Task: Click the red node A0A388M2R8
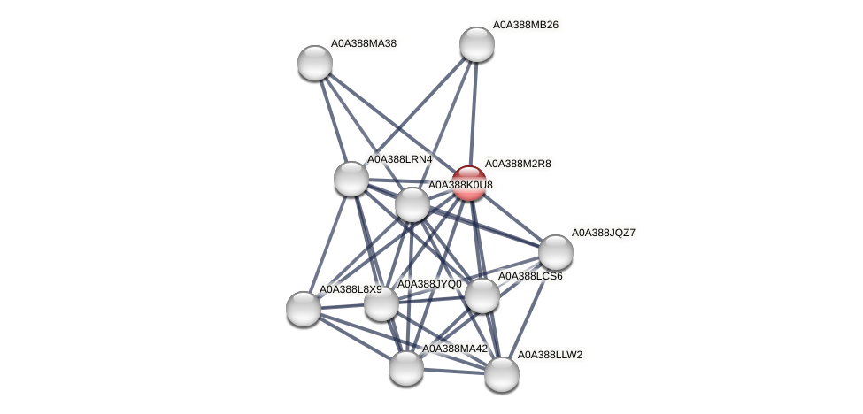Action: click(x=469, y=183)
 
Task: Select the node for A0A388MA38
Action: click(x=315, y=63)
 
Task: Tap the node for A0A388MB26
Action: click(x=477, y=44)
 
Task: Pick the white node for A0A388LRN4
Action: click(x=351, y=179)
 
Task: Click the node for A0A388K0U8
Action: click(x=412, y=204)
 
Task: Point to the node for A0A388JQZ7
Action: click(x=556, y=252)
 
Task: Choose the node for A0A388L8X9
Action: click(x=304, y=308)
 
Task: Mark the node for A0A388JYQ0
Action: click(x=381, y=303)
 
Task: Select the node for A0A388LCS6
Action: click(x=482, y=295)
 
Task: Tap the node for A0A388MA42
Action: click(x=406, y=368)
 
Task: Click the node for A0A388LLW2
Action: click(x=502, y=373)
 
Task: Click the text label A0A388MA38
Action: click(x=363, y=42)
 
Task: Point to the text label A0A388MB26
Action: click(x=526, y=25)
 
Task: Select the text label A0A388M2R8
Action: click(x=518, y=164)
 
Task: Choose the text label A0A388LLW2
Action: click(x=550, y=355)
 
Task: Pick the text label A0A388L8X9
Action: click(x=351, y=289)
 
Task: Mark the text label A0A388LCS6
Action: click(x=530, y=276)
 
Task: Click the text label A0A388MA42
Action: click(x=455, y=349)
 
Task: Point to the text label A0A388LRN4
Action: click(x=399, y=159)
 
